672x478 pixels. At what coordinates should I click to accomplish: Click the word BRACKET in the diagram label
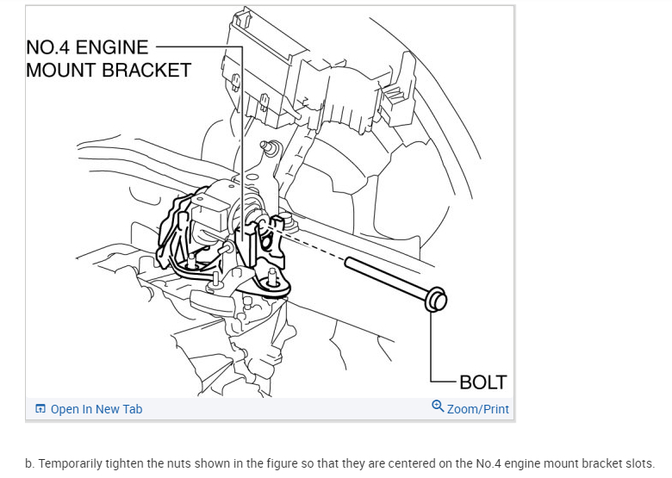(146, 71)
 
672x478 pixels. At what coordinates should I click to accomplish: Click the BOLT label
(482, 382)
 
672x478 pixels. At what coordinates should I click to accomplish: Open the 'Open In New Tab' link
(96, 409)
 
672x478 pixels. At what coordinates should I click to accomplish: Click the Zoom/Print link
(477, 409)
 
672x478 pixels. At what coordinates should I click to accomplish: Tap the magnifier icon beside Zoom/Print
(438, 407)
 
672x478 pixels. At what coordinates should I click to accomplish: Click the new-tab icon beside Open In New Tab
(40, 409)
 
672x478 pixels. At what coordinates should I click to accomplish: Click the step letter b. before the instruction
(30, 462)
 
